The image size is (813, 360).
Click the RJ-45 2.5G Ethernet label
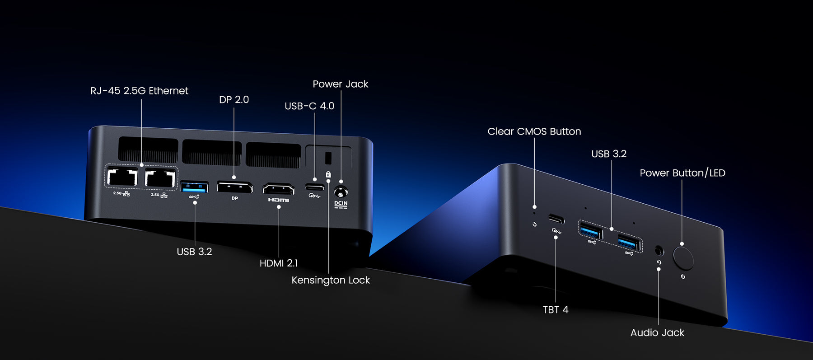[139, 91]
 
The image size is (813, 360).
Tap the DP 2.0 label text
[234, 99]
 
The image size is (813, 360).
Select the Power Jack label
[340, 84]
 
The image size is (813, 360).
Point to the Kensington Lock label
[331, 280]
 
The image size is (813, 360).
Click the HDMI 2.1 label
[278, 263]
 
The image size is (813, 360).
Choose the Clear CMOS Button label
[534, 131]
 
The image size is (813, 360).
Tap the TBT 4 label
[556, 309]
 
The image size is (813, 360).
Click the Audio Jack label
[657, 332]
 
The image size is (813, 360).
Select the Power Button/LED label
[682, 173]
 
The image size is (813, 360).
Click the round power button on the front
[683, 257]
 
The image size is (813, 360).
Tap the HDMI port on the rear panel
[279, 189]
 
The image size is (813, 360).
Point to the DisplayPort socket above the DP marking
[235, 187]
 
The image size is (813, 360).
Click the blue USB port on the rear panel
[194, 187]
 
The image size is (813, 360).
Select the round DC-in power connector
[341, 192]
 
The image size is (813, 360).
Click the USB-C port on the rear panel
[314, 187]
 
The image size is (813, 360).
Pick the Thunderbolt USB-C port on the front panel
[556, 220]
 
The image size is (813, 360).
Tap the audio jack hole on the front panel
[659, 250]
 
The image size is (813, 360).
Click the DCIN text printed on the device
[341, 203]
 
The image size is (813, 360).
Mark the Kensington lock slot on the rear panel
[328, 158]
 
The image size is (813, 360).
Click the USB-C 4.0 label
[309, 106]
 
